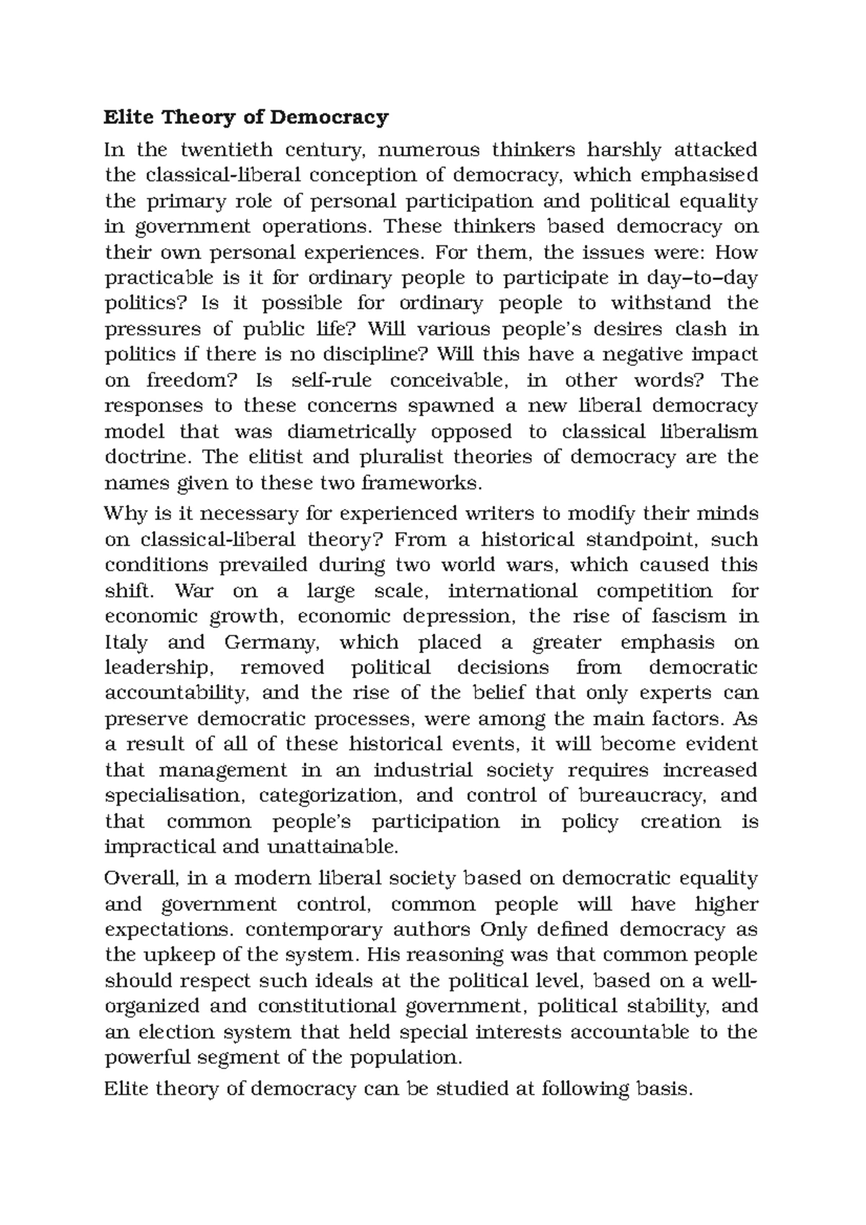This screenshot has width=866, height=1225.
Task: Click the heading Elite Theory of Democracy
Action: click(x=246, y=117)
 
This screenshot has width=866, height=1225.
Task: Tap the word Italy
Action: click(x=126, y=642)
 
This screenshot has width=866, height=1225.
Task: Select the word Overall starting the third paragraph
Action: click(x=141, y=879)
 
